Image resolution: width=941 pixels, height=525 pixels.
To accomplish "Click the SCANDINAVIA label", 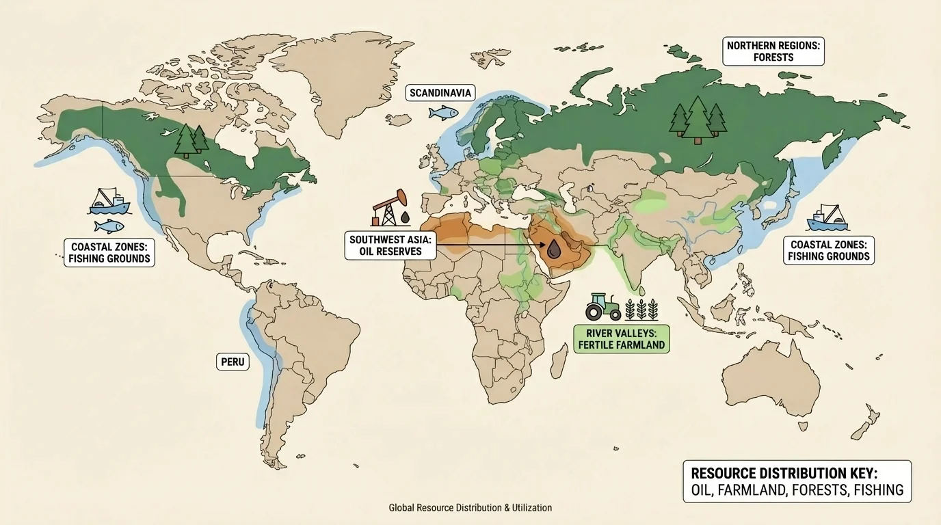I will pyautogui.click(x=441, y=93).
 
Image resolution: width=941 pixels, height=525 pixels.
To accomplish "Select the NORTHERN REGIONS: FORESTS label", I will pyautogui.click(x=773, y=51).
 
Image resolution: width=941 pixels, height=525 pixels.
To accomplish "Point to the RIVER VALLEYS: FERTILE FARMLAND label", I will pyautogui.click(x=621, y=338).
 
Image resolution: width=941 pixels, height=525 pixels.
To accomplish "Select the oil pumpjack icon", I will pyautogui.click(x=389, y=208).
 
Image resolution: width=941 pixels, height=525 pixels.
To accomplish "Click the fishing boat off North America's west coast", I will pyautogui.click(x=109, y=202).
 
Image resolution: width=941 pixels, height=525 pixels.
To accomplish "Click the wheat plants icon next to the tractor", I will pyautogui.click(x=642, y=308).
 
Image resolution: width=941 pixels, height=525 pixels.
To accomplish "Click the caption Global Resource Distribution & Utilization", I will pyautogui.click(x=470, y=508).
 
